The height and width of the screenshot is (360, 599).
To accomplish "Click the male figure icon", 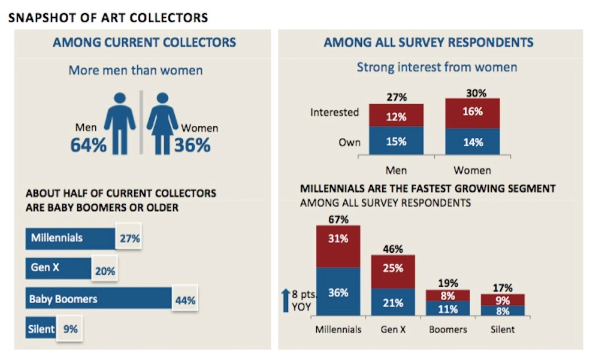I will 120,122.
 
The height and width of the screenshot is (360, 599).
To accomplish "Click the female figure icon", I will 162,122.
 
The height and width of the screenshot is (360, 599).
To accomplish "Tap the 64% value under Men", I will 88,145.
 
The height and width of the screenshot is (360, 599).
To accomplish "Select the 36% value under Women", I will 192,145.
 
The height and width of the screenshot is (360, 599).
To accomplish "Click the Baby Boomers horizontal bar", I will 99,298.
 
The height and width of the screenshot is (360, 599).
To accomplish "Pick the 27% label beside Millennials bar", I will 129,238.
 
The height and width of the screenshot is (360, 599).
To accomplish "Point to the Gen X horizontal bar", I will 58,268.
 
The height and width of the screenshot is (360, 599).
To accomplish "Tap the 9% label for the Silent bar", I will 70,329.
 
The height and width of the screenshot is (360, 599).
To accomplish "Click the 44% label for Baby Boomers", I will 184,300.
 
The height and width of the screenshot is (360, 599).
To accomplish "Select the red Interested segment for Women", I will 472,113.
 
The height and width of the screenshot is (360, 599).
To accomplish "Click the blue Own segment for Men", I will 396,142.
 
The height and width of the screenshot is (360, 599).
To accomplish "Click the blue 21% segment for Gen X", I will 392,302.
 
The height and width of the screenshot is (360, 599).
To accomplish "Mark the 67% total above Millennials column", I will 338,219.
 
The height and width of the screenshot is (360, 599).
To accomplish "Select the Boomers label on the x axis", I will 447,329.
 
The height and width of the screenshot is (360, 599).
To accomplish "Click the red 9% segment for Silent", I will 503,300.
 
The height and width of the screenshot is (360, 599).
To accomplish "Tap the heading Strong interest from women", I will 437,67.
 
